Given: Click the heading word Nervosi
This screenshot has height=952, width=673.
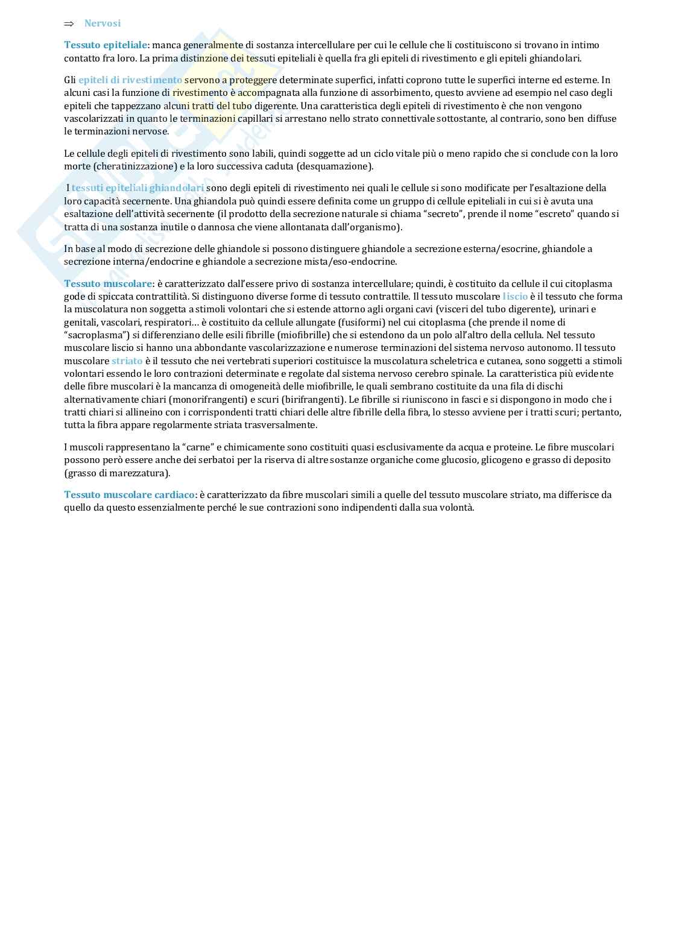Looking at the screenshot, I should (x=103, y=24).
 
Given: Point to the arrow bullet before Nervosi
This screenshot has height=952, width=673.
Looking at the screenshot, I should (x=69, y=24).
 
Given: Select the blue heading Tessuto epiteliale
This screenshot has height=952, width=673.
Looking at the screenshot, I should (x=106, y=45).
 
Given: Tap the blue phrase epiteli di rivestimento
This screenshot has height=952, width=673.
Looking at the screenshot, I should (x=130, y=80).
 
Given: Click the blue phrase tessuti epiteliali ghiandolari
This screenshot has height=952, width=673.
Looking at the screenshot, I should (x=137, y=188).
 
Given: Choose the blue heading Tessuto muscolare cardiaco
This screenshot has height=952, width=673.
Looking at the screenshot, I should (x=130, y=495).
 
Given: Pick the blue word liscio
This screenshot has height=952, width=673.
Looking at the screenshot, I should (x=515, y=297).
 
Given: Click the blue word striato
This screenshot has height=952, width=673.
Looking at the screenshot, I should (x=127, y=361).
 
